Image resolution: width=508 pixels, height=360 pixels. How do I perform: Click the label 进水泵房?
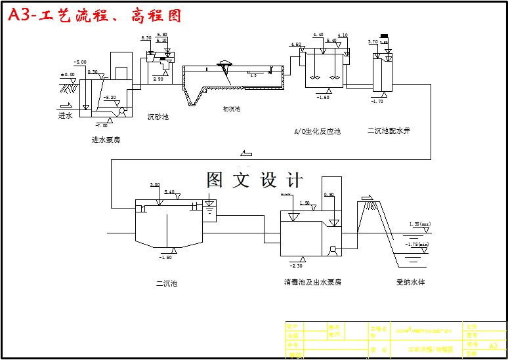point(106,140)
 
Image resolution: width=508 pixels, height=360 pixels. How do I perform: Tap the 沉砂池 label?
point(158,117)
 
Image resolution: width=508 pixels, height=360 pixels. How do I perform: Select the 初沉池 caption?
point(232,109)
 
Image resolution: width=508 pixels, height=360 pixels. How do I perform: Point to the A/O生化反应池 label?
point(317,131)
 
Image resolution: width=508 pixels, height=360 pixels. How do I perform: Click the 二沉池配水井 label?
point(389,131)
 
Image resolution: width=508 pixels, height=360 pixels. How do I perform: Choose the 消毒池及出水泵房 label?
point(312,282)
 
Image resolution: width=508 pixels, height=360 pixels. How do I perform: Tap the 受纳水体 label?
point(410,283)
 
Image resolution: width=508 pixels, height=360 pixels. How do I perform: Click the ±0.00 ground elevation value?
point(68,75)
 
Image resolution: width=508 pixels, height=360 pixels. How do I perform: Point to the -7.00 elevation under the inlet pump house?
point(101,125)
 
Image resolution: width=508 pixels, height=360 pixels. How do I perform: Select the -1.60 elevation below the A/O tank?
point(323,98)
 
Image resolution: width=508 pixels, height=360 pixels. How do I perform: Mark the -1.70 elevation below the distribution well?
point(377,102)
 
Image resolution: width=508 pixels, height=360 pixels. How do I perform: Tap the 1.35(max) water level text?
point(419,224)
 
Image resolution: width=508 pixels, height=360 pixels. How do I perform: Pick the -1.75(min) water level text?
point(417,245)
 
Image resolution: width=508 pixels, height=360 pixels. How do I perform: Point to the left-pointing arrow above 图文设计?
point(247,154)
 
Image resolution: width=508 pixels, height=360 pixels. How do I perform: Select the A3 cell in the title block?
point(494,345)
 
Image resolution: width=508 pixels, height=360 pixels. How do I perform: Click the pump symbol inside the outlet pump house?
point(334,250)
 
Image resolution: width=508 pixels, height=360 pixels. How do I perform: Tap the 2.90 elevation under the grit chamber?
point(158,79)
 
